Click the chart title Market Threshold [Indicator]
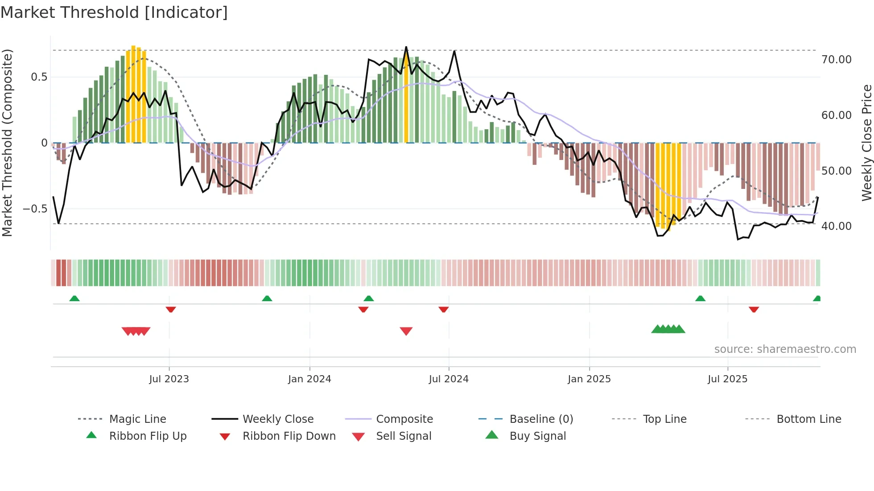click(x=114, y=12)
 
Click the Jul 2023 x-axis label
click(x=169, y=379)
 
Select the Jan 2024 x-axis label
click(x=309, y=379)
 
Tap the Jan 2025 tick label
click(x=589, y=379)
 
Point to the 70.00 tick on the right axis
click(x=836, y=60)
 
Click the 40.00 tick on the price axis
click(x=836, y=226)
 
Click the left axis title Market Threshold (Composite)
click(x=7, y=143)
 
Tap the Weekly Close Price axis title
click(x=866, y=143)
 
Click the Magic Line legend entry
click(x=137, y=419)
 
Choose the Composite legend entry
click(x=404, y=419)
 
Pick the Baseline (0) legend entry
click(x=541, y=419)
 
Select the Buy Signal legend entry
click(x=537, y=436)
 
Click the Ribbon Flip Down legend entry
click(x=289, y=436)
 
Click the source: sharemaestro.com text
click(x=785, y=349)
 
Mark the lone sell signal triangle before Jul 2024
click(x=406, y=331)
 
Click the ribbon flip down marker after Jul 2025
click(x=754, y=309)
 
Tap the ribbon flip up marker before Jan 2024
click(x=267, y=299)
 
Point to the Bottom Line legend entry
click(x=808, y=419)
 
